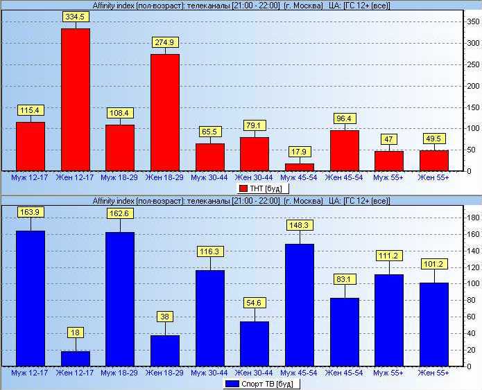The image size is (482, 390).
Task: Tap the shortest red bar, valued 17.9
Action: (300, 167)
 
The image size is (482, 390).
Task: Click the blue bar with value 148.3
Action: (300, 304)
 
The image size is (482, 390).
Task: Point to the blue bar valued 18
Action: (75, 358)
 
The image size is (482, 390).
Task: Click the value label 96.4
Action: (344, 118)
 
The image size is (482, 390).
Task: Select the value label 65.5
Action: (209, 131)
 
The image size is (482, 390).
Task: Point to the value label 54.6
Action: (255, 303)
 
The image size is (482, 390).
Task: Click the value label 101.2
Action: (434, 264)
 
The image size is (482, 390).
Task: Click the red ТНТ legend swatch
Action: (243, 188)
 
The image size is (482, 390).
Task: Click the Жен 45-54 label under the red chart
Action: (344, 177)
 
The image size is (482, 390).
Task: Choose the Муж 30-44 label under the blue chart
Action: (209, 373)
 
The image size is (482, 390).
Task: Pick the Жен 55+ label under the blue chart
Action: (434, 373)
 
